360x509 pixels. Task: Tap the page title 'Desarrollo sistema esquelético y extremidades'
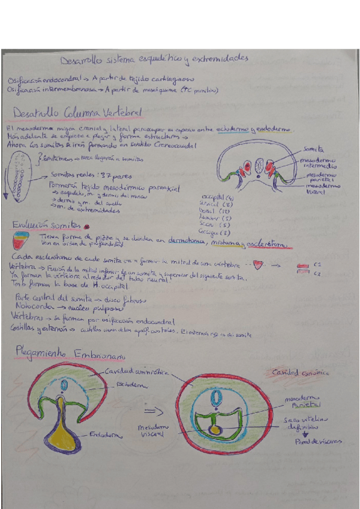[x=154, y=59]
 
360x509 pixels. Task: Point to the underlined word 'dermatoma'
[x=185, y=242]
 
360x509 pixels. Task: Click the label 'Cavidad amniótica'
[x=137, y=371]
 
